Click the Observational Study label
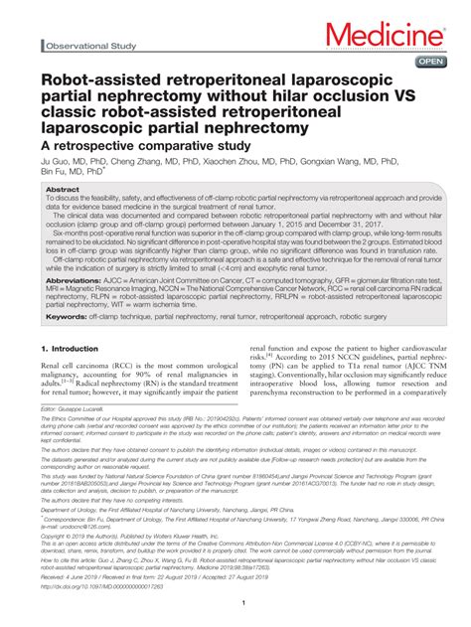(x=88, y=47)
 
